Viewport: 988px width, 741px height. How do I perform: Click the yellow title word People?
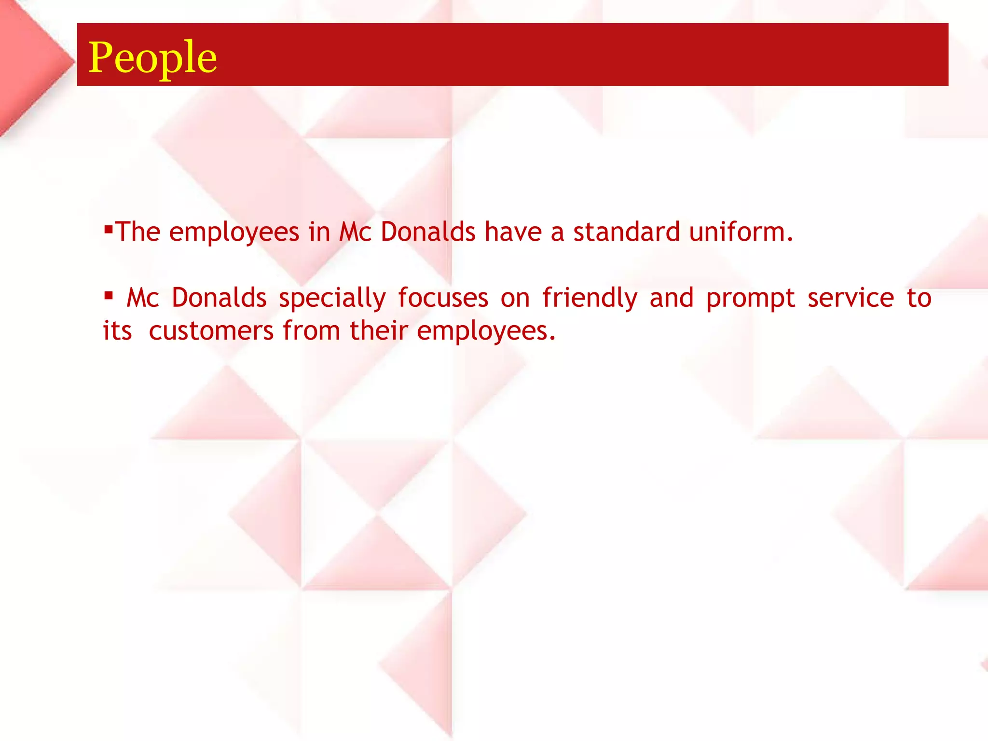tap(152, 58)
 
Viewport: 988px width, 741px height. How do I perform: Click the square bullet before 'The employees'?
tap(108, 228)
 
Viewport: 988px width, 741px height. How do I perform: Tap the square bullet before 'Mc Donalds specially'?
tap(108, 294)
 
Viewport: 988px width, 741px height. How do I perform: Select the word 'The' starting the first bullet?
tap(138, 232)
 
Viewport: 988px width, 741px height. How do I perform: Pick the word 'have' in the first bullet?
tap(513, 232)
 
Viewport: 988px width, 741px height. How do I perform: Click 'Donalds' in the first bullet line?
tap(428, 232)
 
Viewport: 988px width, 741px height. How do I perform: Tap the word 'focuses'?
tap(443, 298)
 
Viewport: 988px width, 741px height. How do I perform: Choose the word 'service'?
tap(851, 298)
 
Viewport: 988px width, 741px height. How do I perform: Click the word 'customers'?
tap(211, 331)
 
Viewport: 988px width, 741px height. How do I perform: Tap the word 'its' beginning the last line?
tap(117, 331)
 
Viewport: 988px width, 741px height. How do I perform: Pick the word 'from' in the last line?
tap(311, 330)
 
